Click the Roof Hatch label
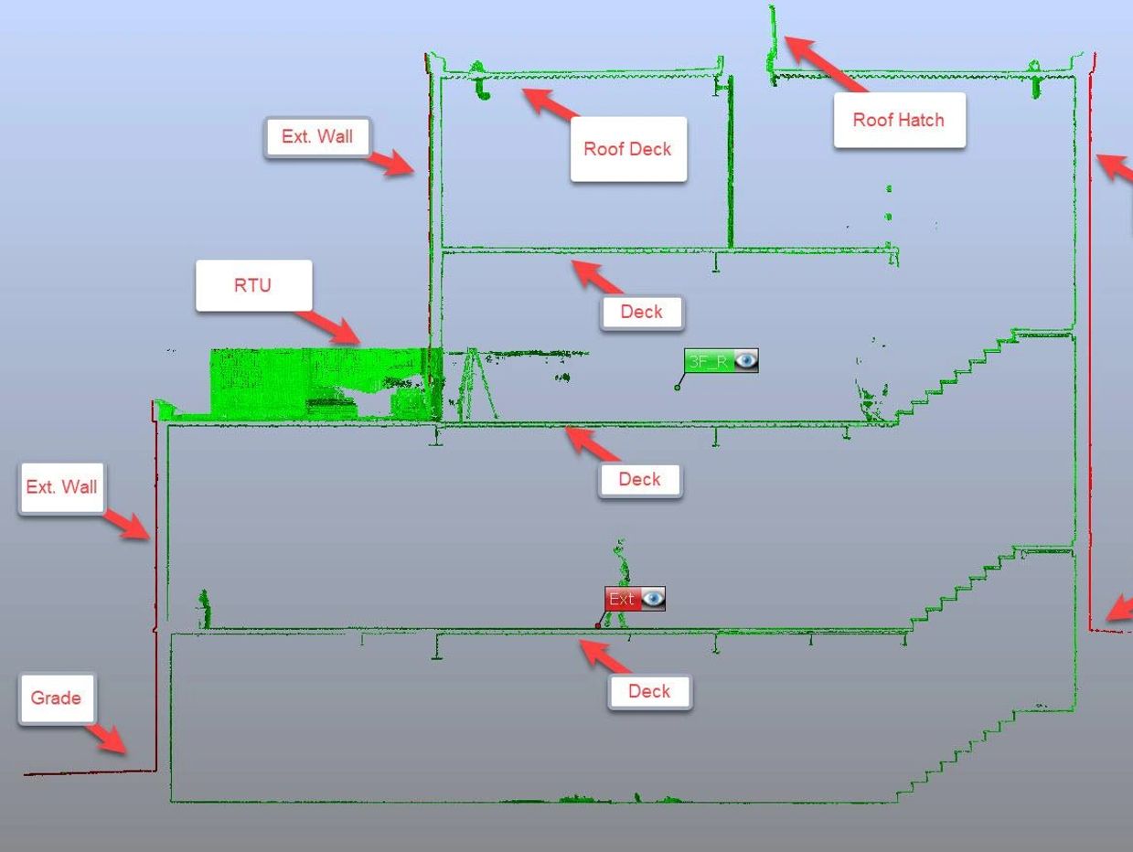click(x=898, y=120)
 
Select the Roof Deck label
click(x=627, y=149)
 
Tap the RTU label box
click(x=252, y=285)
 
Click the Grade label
click(x=56, y=698)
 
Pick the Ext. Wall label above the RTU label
click(x=316, y=136)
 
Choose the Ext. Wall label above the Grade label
click(x=61, y=487)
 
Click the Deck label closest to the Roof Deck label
click(x=641, y=312)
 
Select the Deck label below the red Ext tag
click(x=648, y=691)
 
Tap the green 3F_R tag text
click(x=708, y=362)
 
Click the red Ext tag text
click(x=621, y=600)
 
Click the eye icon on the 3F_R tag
click(x=746, y=361)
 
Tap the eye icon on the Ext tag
click(x=653, y=599)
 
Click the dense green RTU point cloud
click(x=302, y=384)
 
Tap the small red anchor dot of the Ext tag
click(x=598, y=626)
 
